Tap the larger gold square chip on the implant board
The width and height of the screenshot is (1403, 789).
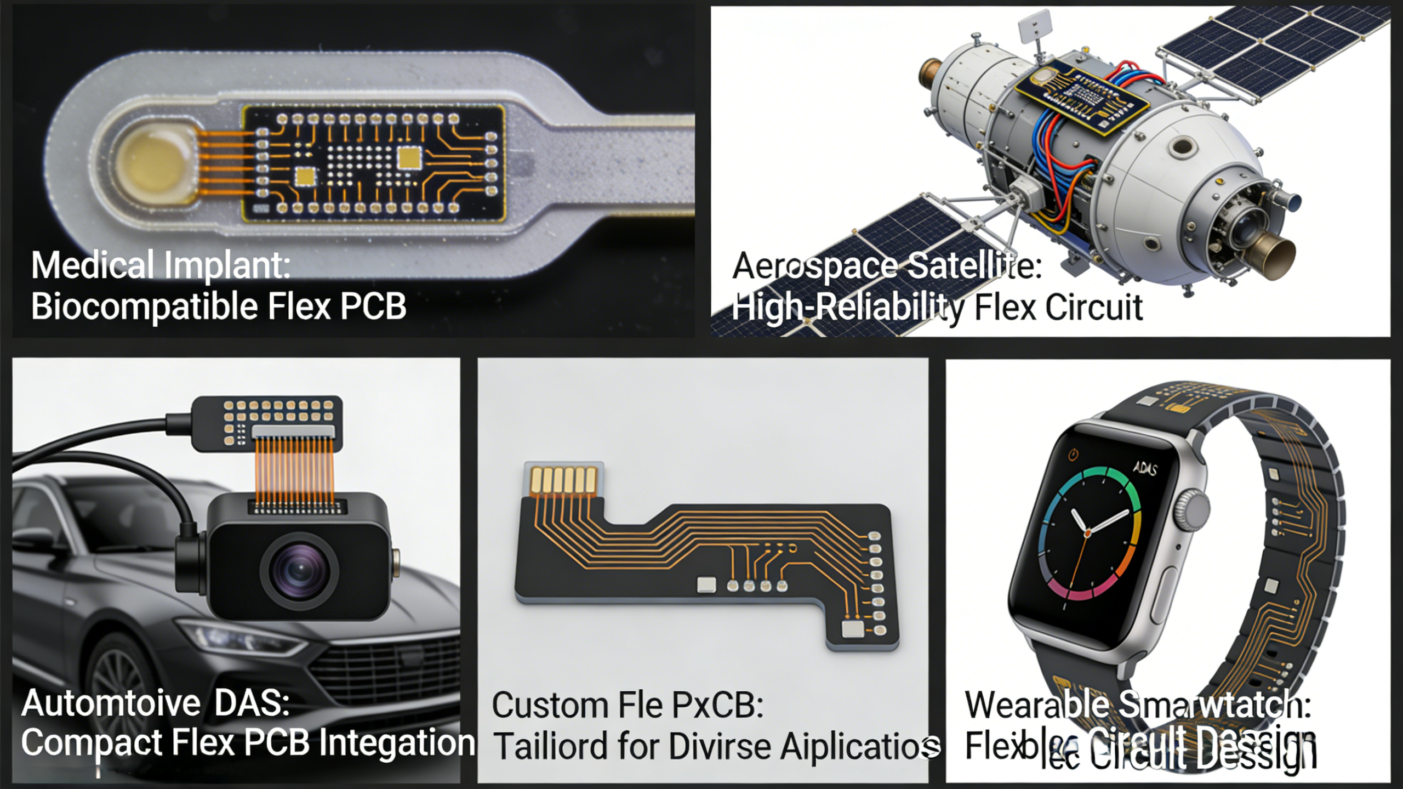point(409,157)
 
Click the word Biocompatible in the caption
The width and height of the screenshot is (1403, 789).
point(144,306)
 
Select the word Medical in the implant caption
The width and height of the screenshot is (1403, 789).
point(92,265)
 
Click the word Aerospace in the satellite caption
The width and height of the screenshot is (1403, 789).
point(814,266)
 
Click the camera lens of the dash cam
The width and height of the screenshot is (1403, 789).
point(299,570)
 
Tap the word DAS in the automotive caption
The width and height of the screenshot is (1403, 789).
point(251,703)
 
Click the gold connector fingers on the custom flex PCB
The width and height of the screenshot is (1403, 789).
point(563,480)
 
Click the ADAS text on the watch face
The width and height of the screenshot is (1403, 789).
point(1145,469)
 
